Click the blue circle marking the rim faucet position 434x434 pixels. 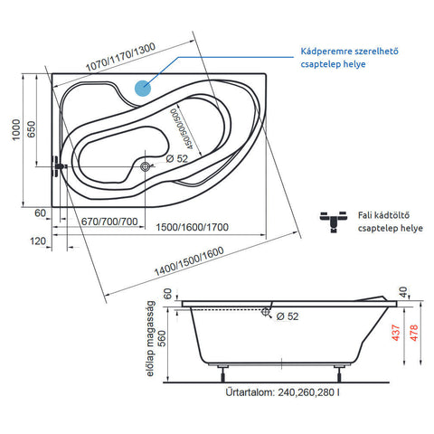(143, 88)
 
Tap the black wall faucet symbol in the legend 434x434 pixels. (334, 222)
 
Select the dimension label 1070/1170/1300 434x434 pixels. (120, 57)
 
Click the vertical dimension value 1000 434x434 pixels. (16, 129)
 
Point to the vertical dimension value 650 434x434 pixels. (31, 129)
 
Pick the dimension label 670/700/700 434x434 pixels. (109, 222)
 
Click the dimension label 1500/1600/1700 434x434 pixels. (192, 227)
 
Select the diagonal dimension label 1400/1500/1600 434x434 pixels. (189, 261)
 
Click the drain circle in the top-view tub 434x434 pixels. (146, 166)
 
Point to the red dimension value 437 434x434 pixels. (396, 333)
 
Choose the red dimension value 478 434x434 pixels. (414, 333)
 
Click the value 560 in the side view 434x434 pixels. (162, 338)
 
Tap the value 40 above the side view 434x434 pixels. (403, 292)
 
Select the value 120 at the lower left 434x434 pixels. (38, 241)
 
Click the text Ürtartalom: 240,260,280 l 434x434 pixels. (283, 392)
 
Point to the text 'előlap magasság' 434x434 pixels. (150, 338)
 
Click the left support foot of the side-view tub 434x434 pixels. (223, 373)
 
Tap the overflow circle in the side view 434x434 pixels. (266, 312)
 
